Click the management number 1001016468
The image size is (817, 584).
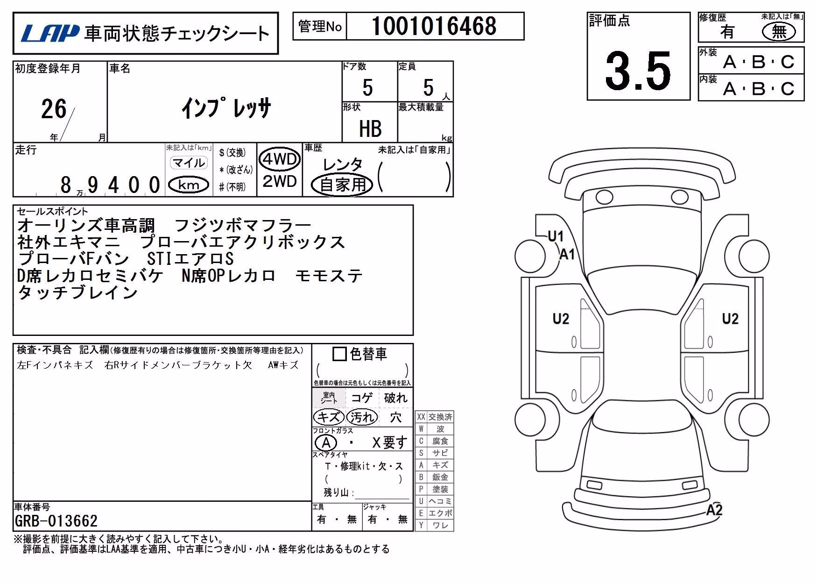434,26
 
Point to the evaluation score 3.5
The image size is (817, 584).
638,71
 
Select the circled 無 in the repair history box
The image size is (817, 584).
779,32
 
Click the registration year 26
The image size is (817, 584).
54,109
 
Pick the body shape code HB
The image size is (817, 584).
370,128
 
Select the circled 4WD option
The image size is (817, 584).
280,159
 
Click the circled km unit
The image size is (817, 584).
189,185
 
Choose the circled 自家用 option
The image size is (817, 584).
343,185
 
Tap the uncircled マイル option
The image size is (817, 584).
189,163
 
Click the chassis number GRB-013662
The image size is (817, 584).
56,520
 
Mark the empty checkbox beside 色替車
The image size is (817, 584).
339,354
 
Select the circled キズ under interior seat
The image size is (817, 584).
329,417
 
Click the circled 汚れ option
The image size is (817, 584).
362,417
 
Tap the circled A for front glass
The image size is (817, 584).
326,442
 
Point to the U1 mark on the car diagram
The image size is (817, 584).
556,236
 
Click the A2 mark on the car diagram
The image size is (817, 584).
714,509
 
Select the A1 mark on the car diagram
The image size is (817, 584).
567,255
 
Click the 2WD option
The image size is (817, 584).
280,181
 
